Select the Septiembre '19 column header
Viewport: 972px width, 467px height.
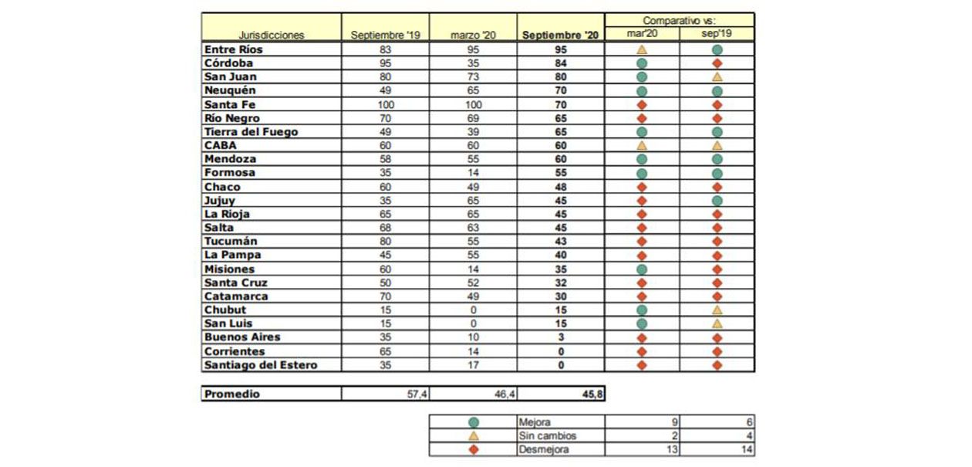[385, 35]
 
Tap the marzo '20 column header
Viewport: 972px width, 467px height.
[474, 35]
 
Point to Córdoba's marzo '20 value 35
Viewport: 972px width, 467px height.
[474, 63]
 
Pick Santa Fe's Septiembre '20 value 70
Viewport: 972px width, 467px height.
[561, 104]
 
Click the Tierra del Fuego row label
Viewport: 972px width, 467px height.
[251, 132]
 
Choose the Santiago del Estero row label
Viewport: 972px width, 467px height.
[261, 365]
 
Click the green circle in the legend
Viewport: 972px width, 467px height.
[474, 422]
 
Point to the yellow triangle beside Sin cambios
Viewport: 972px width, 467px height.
[474, 436]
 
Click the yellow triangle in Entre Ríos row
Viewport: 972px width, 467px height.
[641, 49]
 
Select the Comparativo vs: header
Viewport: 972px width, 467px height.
[679, 20]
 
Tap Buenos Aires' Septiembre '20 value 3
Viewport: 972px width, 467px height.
[561, 337]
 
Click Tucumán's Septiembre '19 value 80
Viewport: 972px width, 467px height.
[385, 242]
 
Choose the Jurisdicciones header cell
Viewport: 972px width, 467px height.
[271, 35]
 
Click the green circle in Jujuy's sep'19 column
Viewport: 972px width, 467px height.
[717, 201]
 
